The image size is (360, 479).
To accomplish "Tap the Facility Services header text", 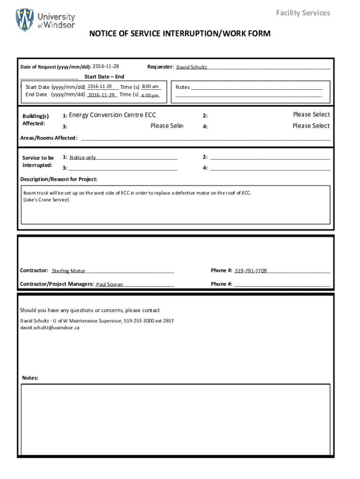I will pyautogui.click(x=302, y=13).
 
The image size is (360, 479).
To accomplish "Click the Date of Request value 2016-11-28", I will pyautogui.click(x=106, y=66).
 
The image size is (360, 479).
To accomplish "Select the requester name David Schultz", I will pyautogui.click(x=192, y=67).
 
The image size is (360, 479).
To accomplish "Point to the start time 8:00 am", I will pyautogui.click(x=150, y=87).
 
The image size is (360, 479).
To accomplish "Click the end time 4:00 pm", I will pyautogui.click(x=150, y=95).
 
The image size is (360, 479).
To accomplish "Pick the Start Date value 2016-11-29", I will pyautogui.click(x=100, y=87).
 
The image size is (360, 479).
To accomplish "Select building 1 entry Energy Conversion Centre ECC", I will pyautogui.click(x=113, y=115).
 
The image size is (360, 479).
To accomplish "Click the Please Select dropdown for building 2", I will pyautogui.click(x=311, y=115).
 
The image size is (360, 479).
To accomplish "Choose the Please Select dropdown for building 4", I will pyautogui.click(x=311, y=126).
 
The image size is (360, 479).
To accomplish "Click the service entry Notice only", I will pyautogui.click(x=83, y=158).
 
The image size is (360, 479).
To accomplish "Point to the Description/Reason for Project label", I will pyautogui.click(x=59, y=179).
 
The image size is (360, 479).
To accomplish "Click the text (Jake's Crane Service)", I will pyautogui.click(x=46, y=200).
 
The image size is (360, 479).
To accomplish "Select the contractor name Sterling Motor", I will pyautogui.click(x=69, y=271).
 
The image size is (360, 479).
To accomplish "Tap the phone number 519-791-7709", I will pyautogui.click(x=251, y=271).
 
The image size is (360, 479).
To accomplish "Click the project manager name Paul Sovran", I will pyautogui.click(x=109, y=284).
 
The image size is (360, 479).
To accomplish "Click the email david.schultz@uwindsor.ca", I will pyautogui.click(x=50, y=328).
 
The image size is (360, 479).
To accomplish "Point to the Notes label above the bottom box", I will pyautogui.click(x=30, y=378).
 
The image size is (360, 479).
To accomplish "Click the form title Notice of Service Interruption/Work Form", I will pyautogui.click(x=180, y=34).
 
